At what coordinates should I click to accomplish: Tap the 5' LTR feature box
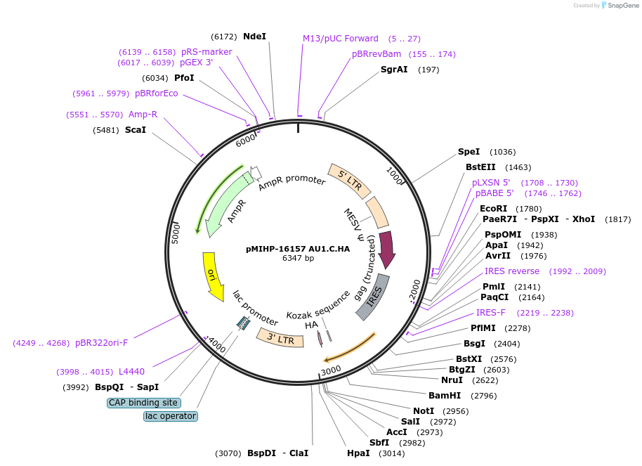click(349, 181)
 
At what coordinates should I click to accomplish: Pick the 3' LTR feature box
click(280, 337)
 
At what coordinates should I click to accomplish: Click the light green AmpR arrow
click(225, 203)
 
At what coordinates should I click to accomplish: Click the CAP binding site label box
click(144, 403)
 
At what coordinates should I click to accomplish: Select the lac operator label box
click(171, 416)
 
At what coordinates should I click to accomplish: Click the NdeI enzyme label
click(255, 37)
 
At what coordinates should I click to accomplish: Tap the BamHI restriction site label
click(445, 396)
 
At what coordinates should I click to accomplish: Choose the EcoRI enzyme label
click(493, 209)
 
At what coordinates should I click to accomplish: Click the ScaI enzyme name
click(136, 130)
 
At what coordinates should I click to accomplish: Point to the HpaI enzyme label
click(358, 453)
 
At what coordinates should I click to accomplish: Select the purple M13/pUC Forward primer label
click(341, 39)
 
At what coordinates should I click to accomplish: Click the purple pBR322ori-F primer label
click(102, 343)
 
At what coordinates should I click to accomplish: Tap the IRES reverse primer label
click(512, 271)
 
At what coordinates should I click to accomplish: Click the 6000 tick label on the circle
click(246, 140)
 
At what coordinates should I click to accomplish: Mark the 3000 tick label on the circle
click(331, 370)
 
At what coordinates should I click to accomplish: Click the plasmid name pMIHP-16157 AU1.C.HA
click(298, 250)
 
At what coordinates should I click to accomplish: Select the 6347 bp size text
click(298, 258)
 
